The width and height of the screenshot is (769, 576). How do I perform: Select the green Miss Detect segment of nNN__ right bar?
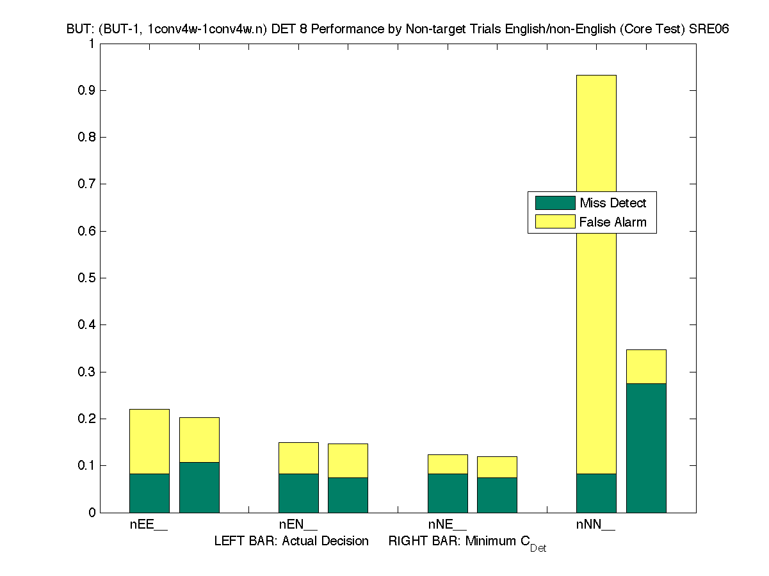click(646, 447)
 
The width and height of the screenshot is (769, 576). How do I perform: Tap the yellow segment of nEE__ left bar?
click(149, 441)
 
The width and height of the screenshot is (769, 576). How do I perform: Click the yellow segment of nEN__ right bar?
click(348, 460)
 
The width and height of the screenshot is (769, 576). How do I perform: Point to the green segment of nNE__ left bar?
click(448, 493)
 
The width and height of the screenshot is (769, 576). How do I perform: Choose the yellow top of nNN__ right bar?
click(646, 366)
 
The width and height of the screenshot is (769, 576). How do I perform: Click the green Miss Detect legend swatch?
click(555, 203)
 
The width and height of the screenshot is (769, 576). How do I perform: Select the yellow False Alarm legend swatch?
click(555, 222)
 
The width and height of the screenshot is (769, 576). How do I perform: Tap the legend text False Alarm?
click(613, 222)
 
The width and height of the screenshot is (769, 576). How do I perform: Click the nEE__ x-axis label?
click(149, 525)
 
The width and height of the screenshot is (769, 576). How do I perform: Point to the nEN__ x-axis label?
click(298, 525)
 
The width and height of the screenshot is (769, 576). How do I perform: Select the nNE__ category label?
click(447, 525)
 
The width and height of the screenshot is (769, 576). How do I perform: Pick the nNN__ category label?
click(595, 525)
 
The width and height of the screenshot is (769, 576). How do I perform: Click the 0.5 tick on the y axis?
click(86, 278)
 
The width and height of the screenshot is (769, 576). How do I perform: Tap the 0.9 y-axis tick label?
click(86, 90)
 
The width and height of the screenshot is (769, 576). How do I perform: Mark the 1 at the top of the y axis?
click(92, 44)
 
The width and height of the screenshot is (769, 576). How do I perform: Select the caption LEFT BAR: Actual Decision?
click(291, 541)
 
